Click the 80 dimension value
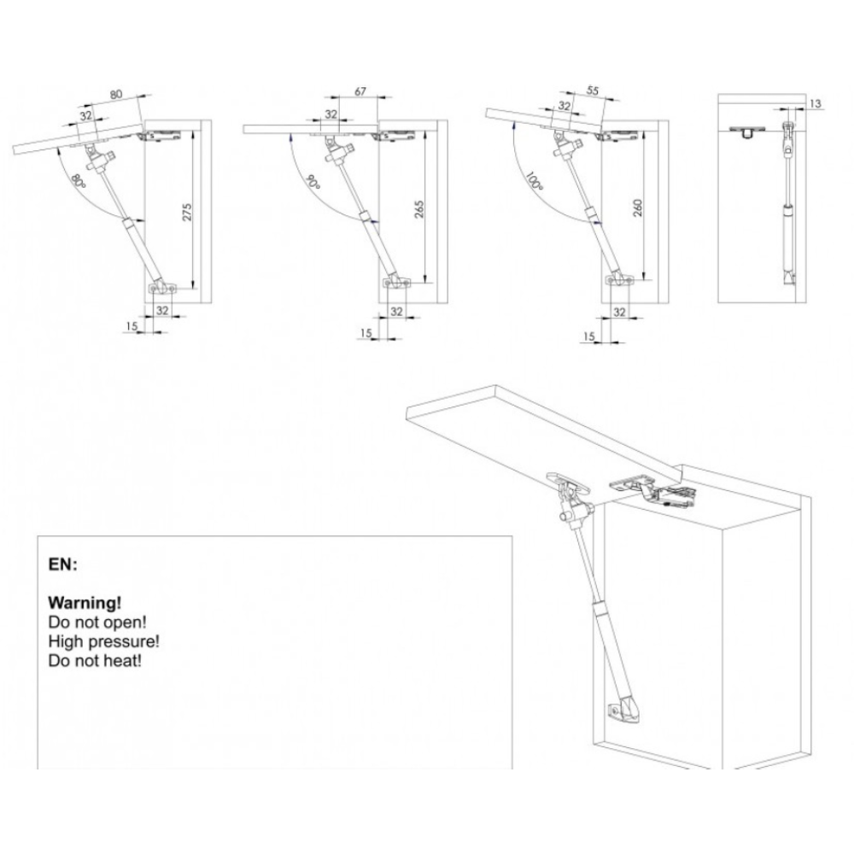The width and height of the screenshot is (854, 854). click(116, 94)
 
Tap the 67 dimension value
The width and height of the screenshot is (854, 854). click(360, 91)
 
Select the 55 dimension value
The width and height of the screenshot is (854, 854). click(593, 91)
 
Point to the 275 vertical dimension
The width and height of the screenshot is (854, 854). click(187, 211)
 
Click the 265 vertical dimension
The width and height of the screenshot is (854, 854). click(418, 209)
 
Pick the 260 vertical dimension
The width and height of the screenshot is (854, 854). click(638, 208)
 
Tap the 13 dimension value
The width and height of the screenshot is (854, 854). click(815, 103)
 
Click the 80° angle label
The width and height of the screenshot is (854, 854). click(79, 182)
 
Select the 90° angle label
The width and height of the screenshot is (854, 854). click(313, 182)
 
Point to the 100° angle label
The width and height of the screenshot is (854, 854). click(535, 180)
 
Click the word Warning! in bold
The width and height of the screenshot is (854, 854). click(85, 603)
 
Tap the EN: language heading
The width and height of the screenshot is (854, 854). click(62, 564)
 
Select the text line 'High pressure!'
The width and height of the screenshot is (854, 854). click(103, 641)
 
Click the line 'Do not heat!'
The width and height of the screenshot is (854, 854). click(95, 661)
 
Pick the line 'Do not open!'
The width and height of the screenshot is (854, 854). click(97, 622)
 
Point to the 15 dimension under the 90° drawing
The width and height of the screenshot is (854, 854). click(366, 332)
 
